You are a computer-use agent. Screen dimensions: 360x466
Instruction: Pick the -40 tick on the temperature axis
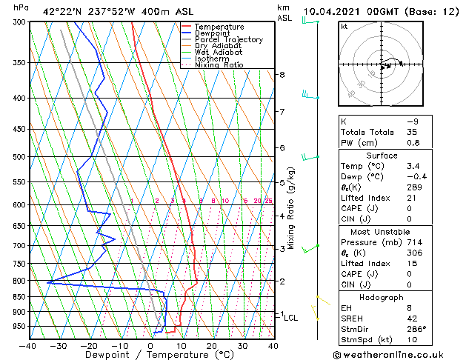coord(28,345)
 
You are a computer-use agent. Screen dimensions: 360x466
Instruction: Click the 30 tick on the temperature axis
coord(242,345)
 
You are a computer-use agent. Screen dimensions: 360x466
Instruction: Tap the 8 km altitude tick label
coord(282,75)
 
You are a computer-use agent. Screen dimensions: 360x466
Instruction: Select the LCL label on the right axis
coord(291,318)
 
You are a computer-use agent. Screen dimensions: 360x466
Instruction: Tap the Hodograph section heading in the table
coord(382,297)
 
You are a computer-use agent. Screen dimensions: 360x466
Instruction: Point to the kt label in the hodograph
coord(344,27)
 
